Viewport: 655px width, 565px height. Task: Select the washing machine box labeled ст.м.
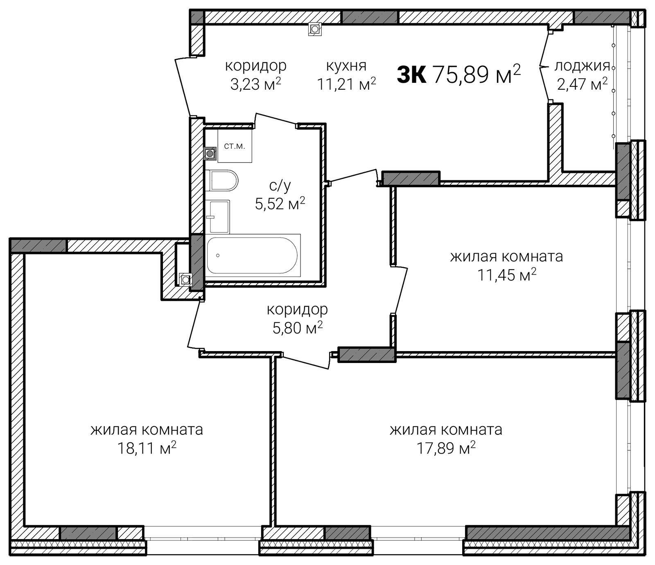(235, 146)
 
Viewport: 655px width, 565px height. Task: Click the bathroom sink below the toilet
(218, 217)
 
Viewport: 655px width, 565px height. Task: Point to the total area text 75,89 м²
(477, 74)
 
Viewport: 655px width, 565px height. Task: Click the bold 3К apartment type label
(412, 75)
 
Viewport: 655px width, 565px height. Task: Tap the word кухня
(346, 66)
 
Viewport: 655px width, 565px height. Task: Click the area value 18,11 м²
(147, 448)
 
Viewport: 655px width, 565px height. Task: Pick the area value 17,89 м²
(446, 448)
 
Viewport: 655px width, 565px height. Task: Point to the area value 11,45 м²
(507, 275)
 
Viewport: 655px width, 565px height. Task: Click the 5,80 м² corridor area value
(298, 327)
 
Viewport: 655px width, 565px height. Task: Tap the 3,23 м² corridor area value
(256, 84)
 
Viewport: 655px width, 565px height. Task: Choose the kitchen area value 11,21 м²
(346, 84)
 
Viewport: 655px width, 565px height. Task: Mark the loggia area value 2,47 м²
(582, 84)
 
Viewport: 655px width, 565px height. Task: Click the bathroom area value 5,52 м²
(280, 203)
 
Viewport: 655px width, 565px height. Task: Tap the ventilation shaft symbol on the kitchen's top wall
(315, 29)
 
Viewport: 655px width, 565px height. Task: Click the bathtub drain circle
(218, 255)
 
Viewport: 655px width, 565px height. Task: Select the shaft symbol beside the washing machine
(210, 154)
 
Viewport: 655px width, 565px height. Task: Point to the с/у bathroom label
(280, 186)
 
